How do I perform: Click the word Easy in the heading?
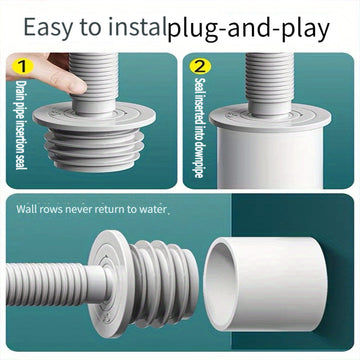47,28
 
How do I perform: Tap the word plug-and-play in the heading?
249,29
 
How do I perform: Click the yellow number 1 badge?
22,66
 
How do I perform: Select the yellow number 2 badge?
200,66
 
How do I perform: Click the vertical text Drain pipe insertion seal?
21,125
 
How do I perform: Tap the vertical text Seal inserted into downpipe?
199,128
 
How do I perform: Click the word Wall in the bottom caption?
27,209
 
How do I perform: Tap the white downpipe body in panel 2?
270,157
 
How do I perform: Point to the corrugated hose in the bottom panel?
50,284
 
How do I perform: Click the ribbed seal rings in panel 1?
94,150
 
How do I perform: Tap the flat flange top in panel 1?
94,116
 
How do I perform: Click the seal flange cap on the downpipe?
270,117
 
